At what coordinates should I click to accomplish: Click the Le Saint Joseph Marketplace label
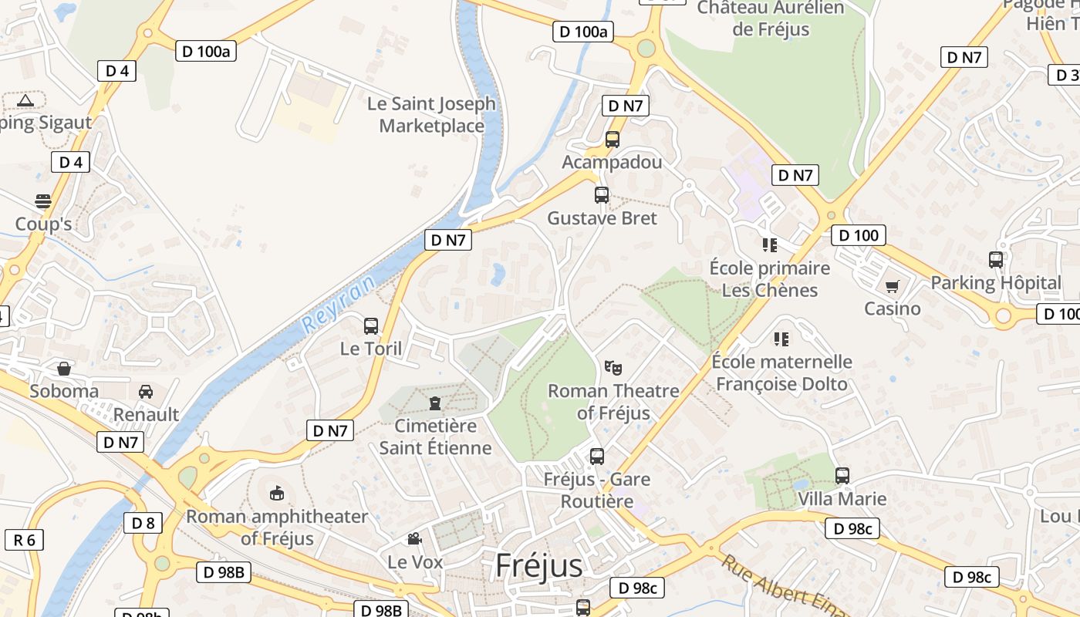(x=431, y=114)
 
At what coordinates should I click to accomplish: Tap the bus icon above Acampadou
(x=613, y=140)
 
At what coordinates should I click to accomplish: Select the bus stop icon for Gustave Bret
(x=602, y=195)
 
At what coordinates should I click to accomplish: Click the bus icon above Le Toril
(x=371, y=325)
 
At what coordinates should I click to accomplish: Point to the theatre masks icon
(x=613, y=367)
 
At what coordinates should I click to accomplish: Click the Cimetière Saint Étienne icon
(x=435, y=403)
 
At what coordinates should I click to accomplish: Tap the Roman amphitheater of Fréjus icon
(x=277, y=493)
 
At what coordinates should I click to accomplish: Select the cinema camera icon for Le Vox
(x=415, y=538)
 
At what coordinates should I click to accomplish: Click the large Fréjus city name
(x=539, y=565)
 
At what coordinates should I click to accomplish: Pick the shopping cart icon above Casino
(x=892, y=287)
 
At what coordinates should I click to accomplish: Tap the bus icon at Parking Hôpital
(x=996, y=259)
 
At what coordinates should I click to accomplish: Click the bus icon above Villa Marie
(x=842, y=476)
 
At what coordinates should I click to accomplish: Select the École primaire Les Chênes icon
(x=769, y=245)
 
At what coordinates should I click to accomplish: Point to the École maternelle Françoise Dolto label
(x=781, y=373)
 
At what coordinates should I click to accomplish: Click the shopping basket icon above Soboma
(x=64, y=368)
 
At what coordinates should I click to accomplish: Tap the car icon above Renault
(x=146, y=392)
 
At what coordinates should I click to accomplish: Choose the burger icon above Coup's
(x=43, y=201)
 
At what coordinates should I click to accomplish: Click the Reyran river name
(x=339, y=304)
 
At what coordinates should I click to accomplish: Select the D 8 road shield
(x=143, y=523)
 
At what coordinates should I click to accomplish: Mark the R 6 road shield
(x=25, y=539)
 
